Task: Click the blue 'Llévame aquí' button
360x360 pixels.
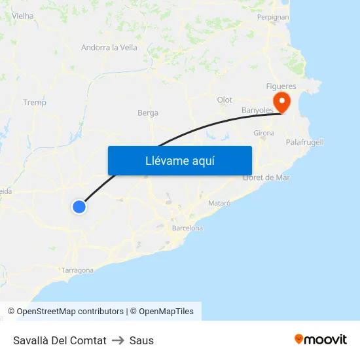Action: [179, 160]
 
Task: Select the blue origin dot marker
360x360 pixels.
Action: [79, 207]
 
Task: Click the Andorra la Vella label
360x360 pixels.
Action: [109, 47]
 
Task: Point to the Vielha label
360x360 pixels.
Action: [23, 16]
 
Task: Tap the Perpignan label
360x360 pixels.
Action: [273, 17]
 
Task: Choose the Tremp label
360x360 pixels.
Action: [35, 102]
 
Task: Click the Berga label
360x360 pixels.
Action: [148, 113]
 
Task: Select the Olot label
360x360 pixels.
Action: [225, 100]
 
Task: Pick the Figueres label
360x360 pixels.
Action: [281, 86]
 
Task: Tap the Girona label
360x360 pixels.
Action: [264, 133]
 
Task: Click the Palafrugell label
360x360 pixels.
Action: [305, 142]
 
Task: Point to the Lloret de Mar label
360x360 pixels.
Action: [266, 177]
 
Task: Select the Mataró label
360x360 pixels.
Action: [219, 204]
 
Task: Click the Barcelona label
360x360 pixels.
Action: [187, 228]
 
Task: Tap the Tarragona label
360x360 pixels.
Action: [77, 270]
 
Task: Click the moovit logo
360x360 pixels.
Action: [321, 339]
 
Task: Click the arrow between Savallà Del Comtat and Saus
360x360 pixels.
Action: [118, 340]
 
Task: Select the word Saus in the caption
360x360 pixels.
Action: [141, 340]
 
